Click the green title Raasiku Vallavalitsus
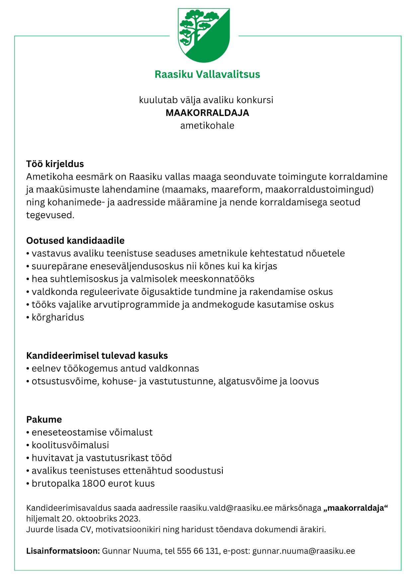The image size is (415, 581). coord(207,74)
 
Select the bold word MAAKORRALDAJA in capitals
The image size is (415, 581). coord(207,113)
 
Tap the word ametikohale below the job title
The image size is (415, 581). coord(207,126)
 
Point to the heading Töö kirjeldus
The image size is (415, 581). coord(55,164)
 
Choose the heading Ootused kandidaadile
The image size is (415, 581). coord(75,241)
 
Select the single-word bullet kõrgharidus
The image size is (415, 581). coord(58,317)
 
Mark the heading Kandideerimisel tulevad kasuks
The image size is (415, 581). coord(97,355)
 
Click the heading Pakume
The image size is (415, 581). coord(44,419)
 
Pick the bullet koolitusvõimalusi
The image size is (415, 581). coord(70,445)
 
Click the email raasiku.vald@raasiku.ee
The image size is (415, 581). coord(226,508)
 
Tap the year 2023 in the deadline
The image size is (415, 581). coord(129,519)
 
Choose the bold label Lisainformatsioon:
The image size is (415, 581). coord(63,551)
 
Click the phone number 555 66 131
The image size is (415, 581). coord(198,551)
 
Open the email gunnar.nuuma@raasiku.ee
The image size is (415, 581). coord(303,551)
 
